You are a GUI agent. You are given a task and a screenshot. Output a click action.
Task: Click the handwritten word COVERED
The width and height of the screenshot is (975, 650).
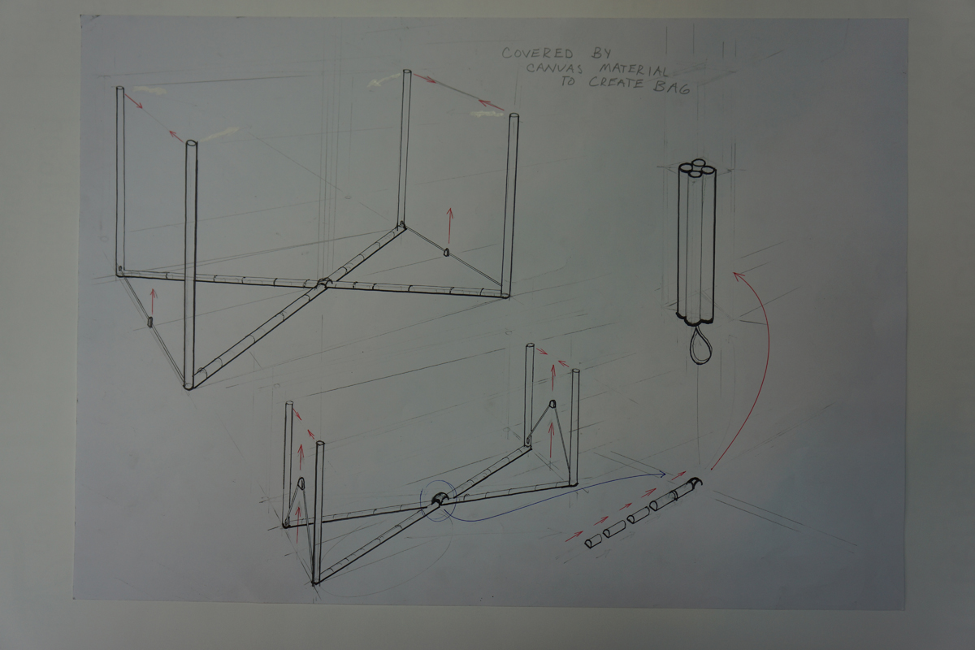click(x=538, y=53)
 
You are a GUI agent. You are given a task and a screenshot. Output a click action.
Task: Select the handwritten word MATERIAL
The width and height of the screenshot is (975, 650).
click(x=633, y=70)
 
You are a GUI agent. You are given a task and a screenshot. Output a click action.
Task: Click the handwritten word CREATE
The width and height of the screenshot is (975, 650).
click(x=616, y=83)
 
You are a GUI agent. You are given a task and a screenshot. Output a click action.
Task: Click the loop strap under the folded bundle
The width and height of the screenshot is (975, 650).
click(x=700, y=346)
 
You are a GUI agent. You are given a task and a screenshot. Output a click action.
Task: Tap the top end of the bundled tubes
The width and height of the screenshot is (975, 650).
click(x=697, y=167)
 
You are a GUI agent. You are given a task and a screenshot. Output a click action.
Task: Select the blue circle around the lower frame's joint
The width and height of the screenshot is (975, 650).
click(x=438, y=500)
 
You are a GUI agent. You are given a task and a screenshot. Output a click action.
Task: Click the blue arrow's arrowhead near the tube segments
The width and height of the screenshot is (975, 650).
click(x=662, y=474)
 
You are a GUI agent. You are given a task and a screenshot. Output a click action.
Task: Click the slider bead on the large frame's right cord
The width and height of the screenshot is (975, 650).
click(x=446, y=251)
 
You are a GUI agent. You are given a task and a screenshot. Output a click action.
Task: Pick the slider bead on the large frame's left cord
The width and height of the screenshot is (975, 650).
click(x=149, y=322)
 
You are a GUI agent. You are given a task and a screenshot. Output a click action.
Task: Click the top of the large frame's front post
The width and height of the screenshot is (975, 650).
click(x=191, y=144)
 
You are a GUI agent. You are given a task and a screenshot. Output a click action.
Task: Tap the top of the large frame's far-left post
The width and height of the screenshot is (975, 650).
click(x=120, y=89)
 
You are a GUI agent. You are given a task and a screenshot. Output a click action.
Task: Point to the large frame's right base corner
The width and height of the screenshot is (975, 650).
click(x=505, y=294)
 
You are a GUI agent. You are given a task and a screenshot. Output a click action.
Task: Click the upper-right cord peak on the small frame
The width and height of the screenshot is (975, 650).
click(x=552, y=403)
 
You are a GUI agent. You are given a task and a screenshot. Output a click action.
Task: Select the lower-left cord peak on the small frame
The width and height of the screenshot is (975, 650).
click(x=301, y=482)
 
